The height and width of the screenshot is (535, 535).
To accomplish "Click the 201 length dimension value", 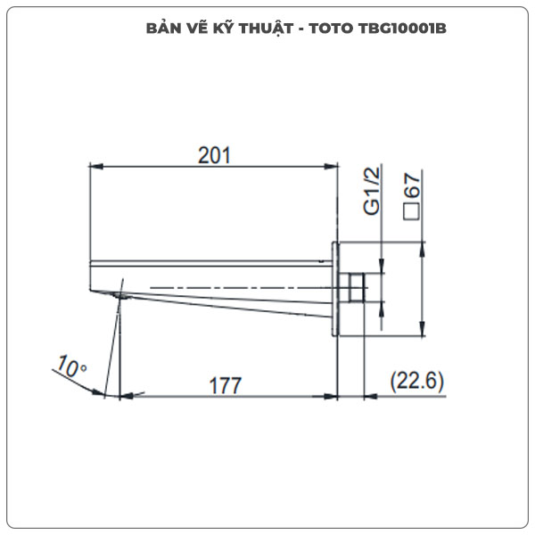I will coord(214,154).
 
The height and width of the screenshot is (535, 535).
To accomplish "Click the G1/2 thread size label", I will coord(374,190).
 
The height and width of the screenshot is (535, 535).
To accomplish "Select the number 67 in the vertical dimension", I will coord(412,185).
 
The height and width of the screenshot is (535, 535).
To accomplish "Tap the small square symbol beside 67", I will coord(412,211).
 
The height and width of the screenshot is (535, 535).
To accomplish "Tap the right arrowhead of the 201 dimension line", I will coord(332,166).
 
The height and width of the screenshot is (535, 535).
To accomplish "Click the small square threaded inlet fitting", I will coord(354,288).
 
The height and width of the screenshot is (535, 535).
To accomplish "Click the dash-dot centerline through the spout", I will coord(232,286).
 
